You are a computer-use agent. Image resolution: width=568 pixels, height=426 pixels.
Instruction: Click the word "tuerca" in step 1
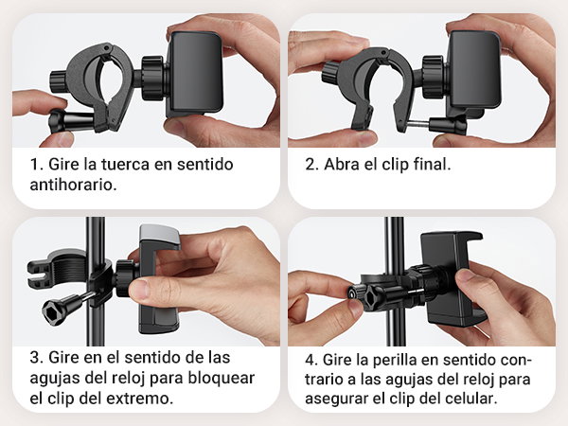tap(125, 164)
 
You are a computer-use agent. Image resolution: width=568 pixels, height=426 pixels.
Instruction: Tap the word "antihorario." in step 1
tap(74, 185)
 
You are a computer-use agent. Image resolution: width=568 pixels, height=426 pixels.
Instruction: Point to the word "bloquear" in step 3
tap(221, 378)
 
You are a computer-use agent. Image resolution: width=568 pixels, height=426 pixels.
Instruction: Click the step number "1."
tap(37, 165)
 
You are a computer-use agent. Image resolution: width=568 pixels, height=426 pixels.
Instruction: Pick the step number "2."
tap(311, 165)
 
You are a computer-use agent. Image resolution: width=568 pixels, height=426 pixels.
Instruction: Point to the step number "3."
tap(37, 358)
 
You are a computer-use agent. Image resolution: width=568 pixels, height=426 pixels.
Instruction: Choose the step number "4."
tap(311, 360)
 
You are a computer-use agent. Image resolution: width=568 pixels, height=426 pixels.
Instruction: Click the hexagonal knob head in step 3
tap(54, 311)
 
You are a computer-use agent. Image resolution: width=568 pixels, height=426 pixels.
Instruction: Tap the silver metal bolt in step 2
tap(418, 124)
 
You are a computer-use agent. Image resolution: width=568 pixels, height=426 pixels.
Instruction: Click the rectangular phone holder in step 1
tap(194, 74)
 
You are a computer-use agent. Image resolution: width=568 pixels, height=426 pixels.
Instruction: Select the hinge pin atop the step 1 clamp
tap(106, 47)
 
